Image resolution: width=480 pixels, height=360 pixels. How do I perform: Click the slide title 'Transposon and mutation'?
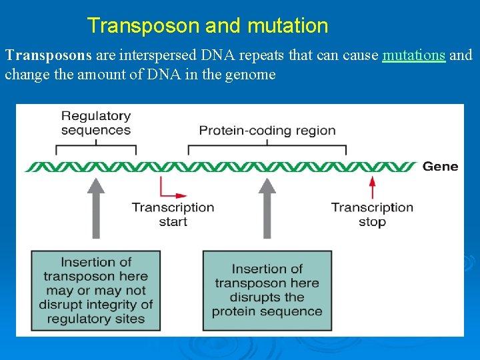tap(207, 26)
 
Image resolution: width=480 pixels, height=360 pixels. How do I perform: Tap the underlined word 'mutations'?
tap(413, 55)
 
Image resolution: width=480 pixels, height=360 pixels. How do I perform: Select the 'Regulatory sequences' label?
tap(95, 123)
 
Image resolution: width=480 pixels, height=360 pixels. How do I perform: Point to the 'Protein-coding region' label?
tap(267, 130)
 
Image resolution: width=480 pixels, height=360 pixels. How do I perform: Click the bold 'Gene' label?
tap(440, 166)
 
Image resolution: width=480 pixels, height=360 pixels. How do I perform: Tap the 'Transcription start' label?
tap(173, 214)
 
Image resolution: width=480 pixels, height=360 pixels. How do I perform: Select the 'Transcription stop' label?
tap(372, 214)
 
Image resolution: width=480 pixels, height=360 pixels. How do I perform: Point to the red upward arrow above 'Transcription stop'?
tap(372, 185)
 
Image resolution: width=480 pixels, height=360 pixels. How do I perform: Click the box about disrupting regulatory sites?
tap(96, 290)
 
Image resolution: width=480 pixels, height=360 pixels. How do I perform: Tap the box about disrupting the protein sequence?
tap(267, 290)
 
